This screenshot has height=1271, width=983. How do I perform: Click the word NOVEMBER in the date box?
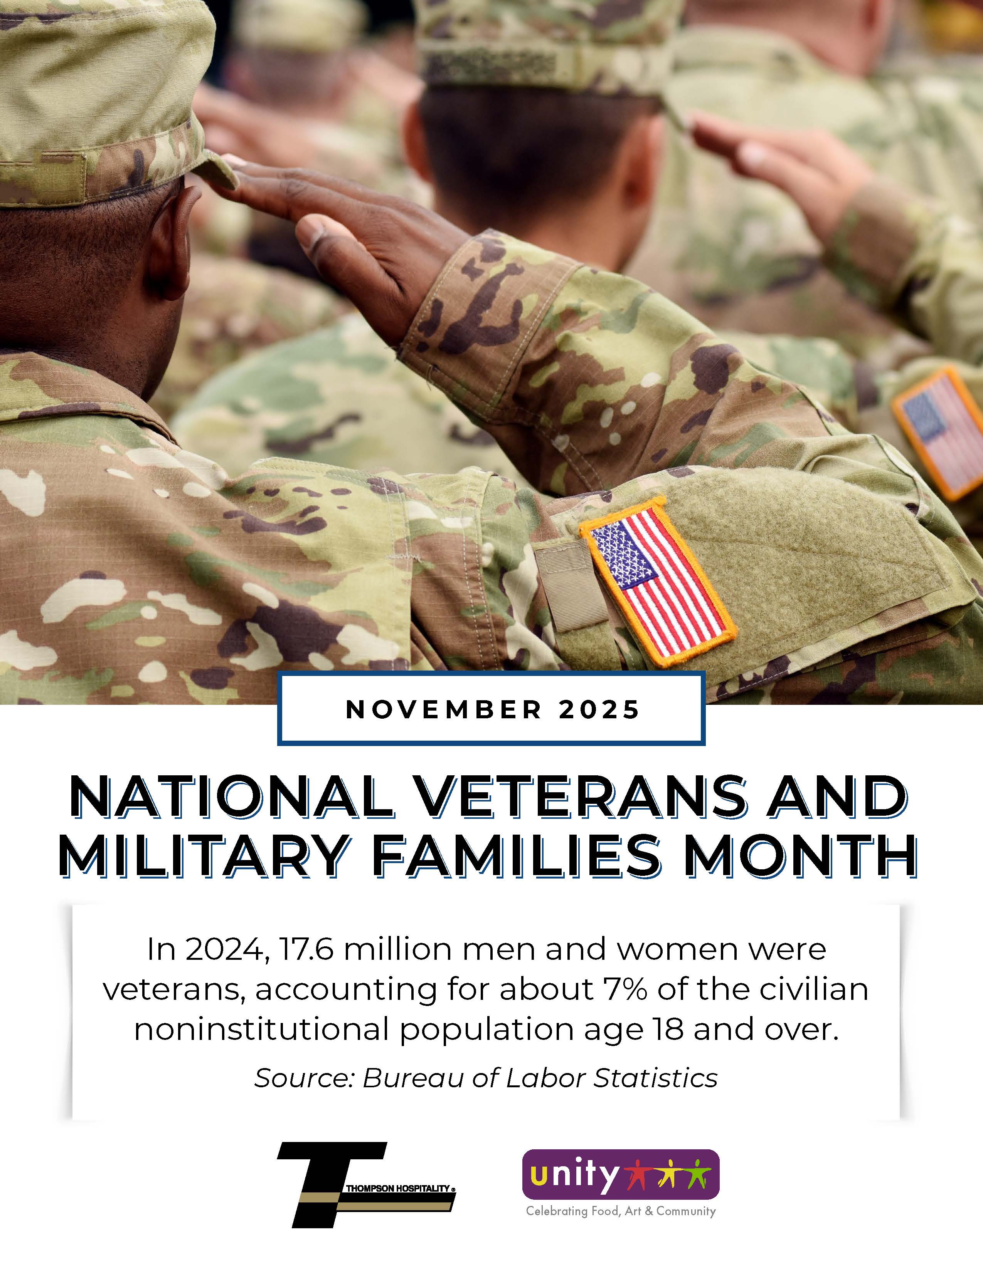444,709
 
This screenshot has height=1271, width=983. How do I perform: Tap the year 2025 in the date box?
599,709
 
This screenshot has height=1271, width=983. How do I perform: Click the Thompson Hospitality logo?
366,1185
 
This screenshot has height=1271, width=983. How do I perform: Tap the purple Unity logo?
621,1174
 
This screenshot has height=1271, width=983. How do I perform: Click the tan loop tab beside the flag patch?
562,588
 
